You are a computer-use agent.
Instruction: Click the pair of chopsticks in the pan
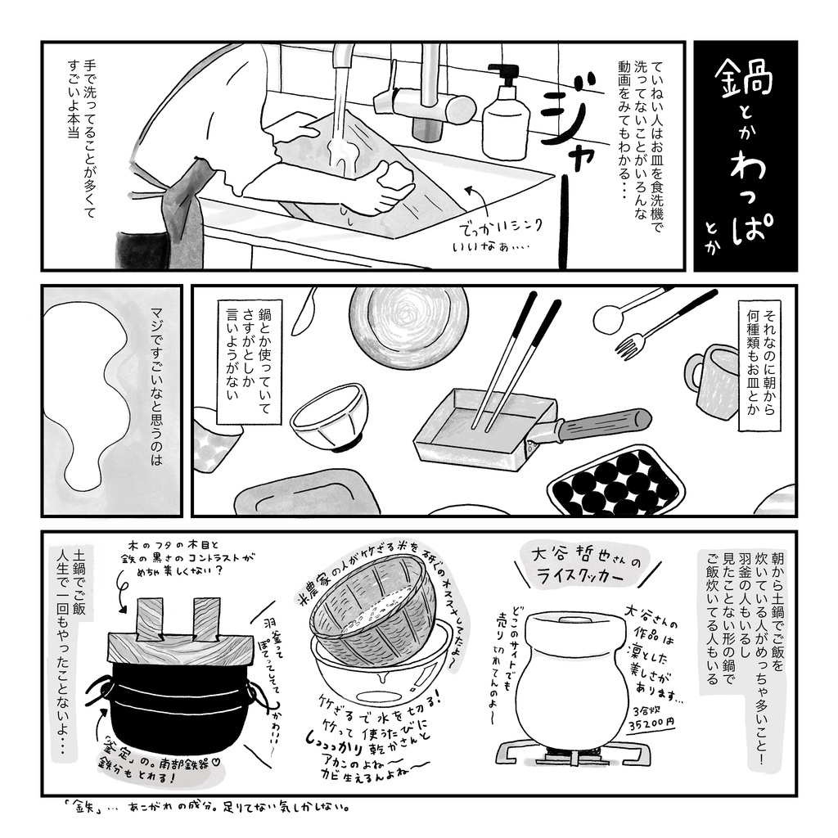[516, 360]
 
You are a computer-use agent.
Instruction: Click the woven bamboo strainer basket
[372, 610]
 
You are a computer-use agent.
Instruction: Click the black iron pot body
[180, 704]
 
